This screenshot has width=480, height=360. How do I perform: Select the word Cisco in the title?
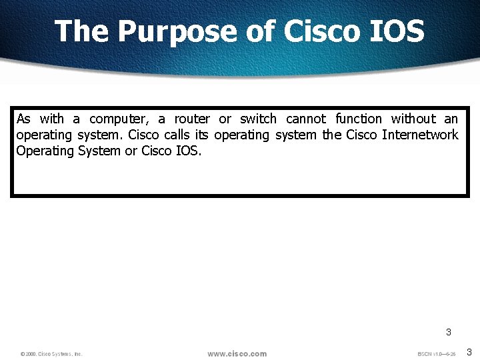tap(313, 31)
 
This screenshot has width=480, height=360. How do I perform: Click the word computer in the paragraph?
tap(119, 119)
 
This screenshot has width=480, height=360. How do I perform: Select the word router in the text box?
tap(192, 119)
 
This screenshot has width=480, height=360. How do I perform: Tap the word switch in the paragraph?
tap(258, 119)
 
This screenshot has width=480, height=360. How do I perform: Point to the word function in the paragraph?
tap(359, 119)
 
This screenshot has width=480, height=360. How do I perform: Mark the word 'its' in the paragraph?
tap(201, 135)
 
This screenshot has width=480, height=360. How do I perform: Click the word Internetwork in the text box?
tap(420, 135)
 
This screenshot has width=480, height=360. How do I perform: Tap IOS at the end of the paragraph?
tap(188, 151)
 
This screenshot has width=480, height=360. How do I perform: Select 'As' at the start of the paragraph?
tap(23, 119)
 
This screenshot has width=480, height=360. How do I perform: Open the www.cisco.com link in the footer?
tap(237, 353)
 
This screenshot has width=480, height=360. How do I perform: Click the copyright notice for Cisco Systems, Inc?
tap(51, 354)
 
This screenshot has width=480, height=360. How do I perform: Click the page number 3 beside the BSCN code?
tap(469, 352)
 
